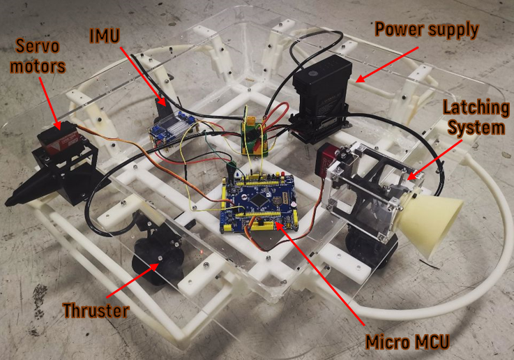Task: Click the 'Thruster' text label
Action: pos(96,309)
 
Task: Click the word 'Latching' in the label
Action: pos(473,109)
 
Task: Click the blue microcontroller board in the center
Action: pos(258,202)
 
